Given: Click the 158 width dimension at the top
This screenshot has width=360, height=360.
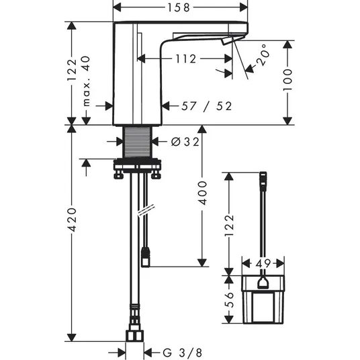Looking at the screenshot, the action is (179, 7).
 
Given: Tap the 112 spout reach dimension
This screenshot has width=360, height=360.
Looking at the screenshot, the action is (186, 59).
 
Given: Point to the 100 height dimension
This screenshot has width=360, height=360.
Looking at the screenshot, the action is (287, 80).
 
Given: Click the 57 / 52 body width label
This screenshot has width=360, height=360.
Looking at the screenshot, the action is (207, 106).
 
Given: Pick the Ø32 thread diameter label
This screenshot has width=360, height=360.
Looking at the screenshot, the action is (185, 142).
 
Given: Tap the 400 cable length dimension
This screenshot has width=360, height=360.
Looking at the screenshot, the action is (202, 193).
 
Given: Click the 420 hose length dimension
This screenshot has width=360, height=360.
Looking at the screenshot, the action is (72, 220).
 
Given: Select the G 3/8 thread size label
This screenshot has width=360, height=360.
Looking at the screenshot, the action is (182, 353).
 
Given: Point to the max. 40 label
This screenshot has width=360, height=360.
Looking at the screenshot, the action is (87, 81).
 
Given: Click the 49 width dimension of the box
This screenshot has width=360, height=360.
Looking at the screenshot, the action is (263, 263).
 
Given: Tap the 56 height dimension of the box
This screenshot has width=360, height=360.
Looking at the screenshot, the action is (229, 300).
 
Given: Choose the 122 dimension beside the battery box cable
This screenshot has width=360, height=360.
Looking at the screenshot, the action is (229, 225).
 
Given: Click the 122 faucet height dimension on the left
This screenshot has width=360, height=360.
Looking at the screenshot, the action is (72, 70).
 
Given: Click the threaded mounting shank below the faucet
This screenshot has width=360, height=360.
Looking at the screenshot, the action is (138, 142).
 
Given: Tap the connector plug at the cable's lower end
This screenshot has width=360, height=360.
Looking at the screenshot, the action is (146, 257).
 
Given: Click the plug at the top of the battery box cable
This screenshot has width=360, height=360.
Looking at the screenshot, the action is (263, 181).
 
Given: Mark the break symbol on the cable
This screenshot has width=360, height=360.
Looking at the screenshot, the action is (146, 210).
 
